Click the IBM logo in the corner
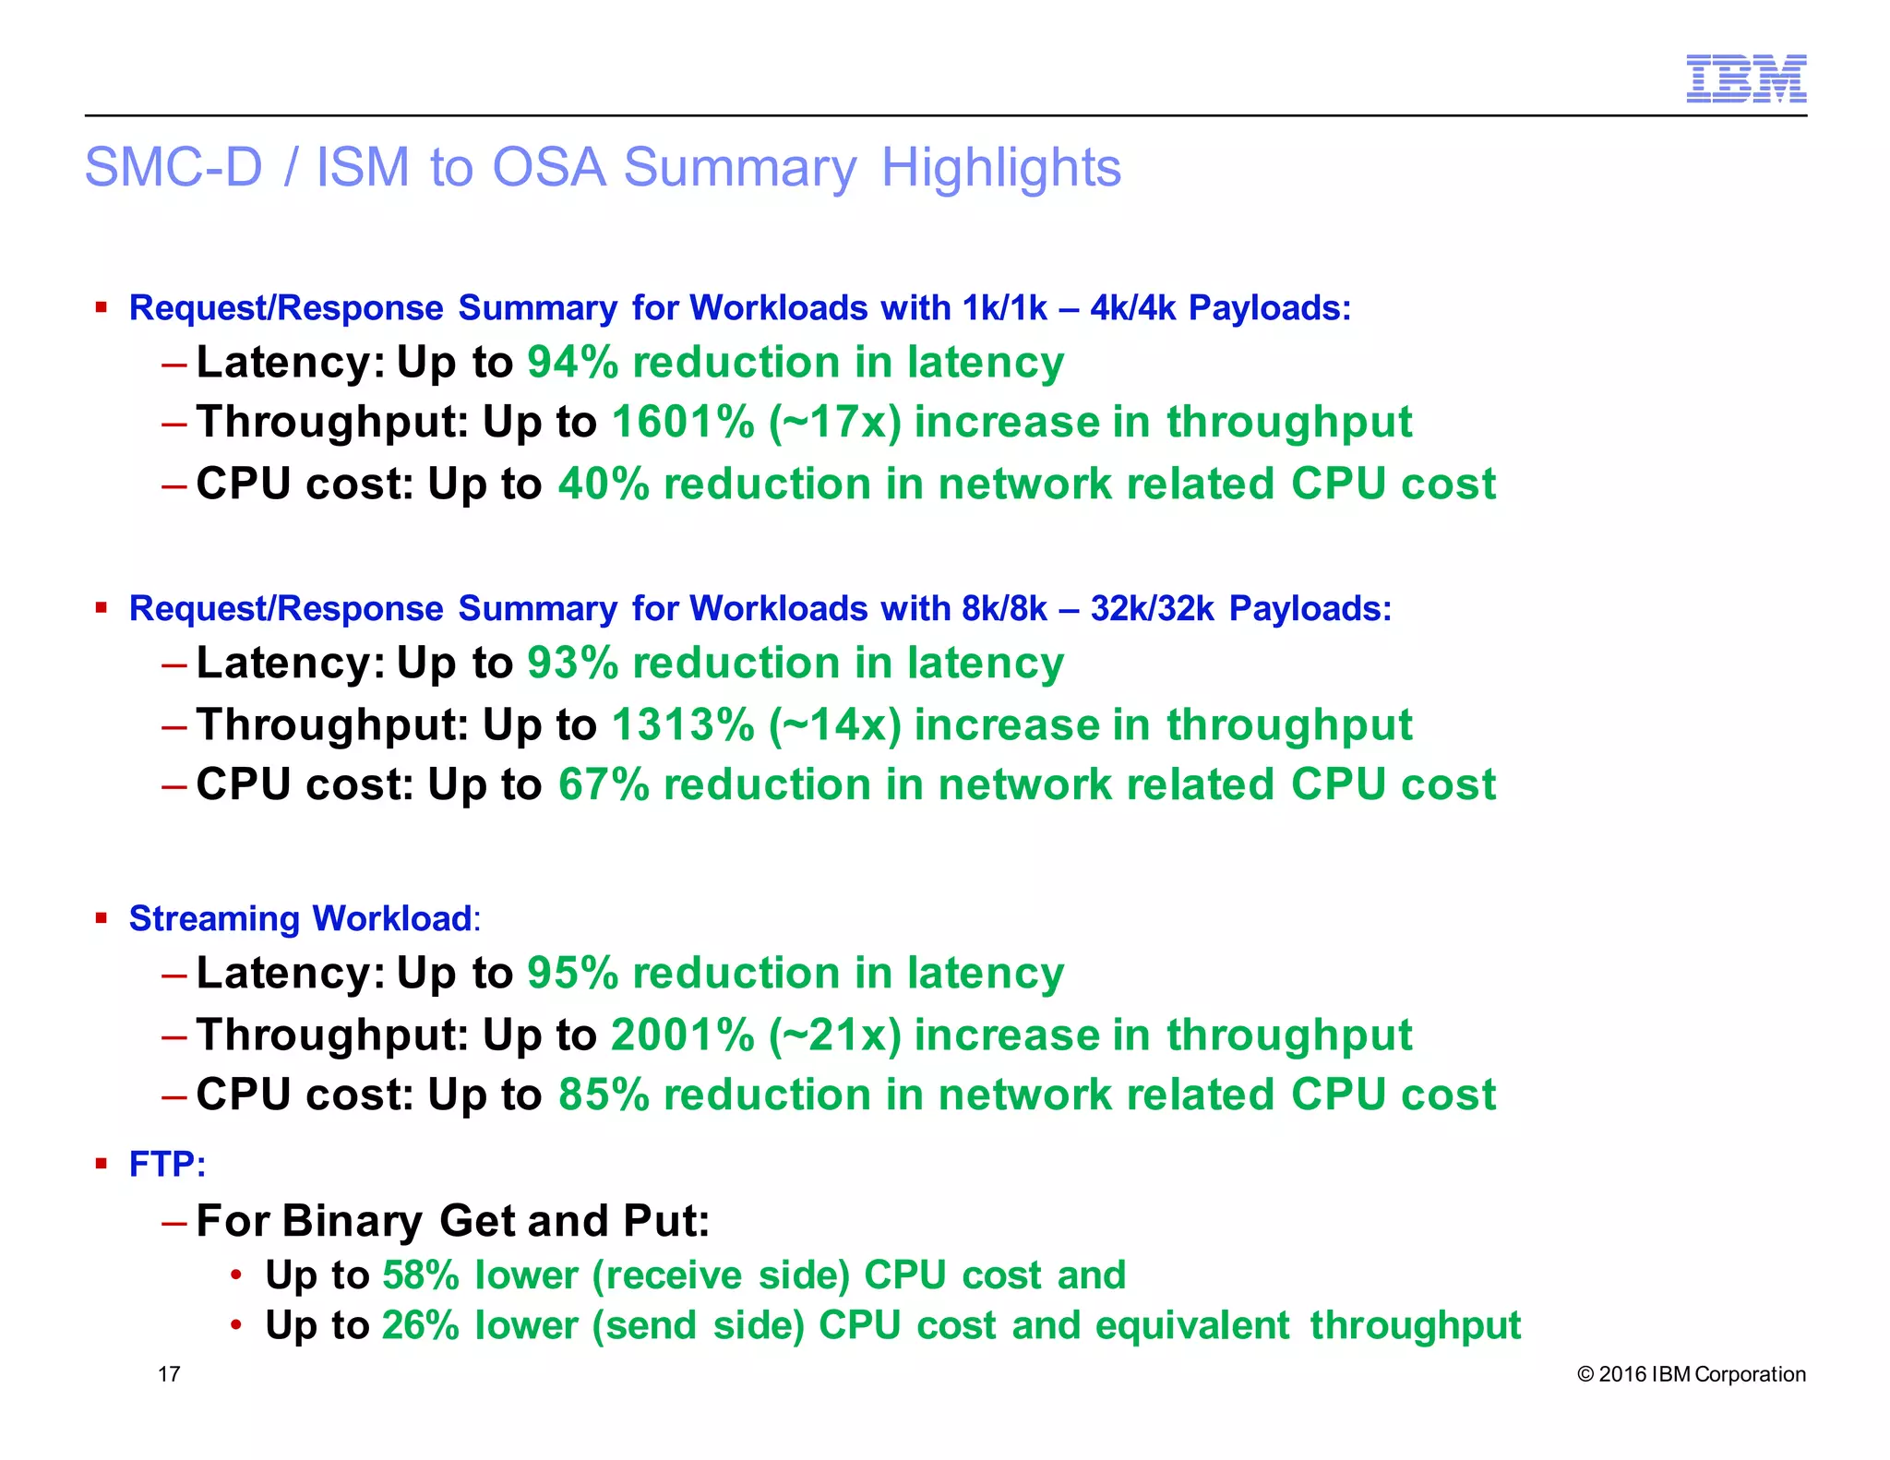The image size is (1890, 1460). pos(1745,78)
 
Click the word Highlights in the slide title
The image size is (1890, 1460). pos(1000,168)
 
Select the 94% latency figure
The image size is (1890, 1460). pos(572,362)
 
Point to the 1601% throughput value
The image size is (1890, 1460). pos(683,423)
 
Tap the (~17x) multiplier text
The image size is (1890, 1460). pos(834,423)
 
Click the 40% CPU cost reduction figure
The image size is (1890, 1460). pos(604,485)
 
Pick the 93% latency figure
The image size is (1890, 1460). pos(572,663)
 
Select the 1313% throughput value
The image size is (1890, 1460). pos(683,724)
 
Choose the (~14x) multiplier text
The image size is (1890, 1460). pos(834,724)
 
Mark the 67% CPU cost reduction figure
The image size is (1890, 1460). pos(604,785)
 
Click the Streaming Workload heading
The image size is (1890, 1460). pos(301,918)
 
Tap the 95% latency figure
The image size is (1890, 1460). pos(572,973)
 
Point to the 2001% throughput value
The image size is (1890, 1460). pos(683,1035)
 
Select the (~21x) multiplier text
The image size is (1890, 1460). pos(834,1035)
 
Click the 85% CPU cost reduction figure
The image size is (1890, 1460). pos(604,1095)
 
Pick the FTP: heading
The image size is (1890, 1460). pos(166,1165)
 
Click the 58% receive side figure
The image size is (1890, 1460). pos(421,1275)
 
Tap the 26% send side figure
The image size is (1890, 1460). pos(421,1325)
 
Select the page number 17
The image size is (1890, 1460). pos(169,1374)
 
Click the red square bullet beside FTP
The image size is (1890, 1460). pos(102,1163)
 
